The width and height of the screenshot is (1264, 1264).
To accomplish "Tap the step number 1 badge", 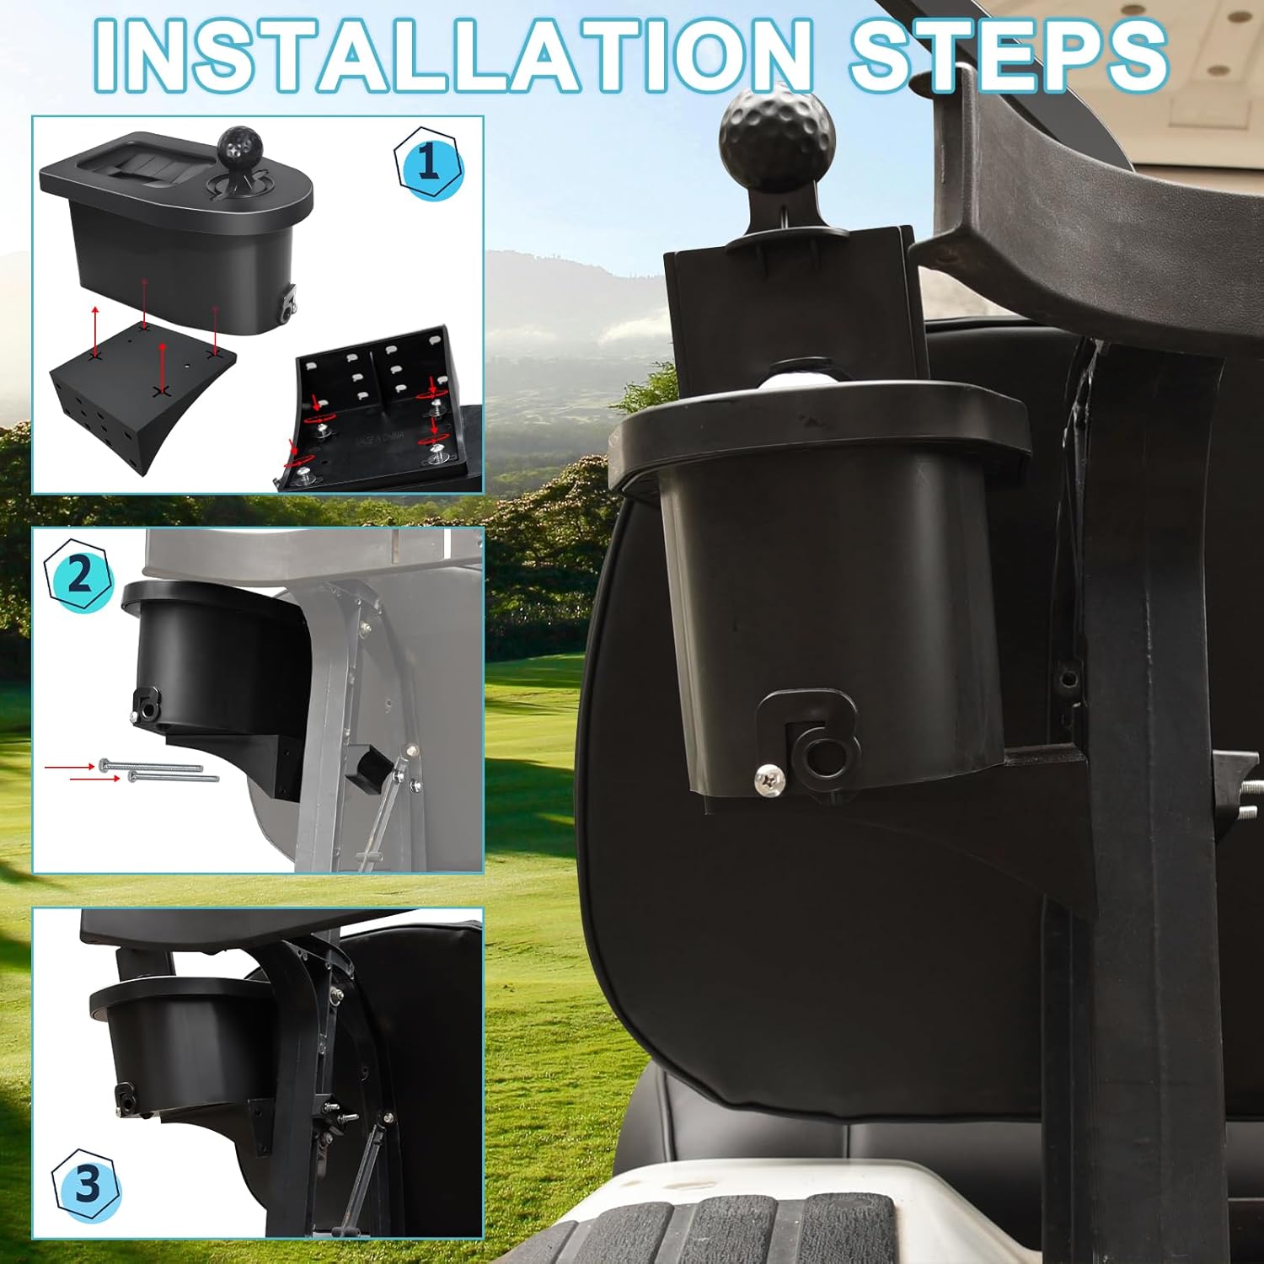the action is [429, 162].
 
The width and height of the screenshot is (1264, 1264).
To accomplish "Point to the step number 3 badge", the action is [88, 1185].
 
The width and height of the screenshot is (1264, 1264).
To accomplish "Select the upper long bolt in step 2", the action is [150, 765].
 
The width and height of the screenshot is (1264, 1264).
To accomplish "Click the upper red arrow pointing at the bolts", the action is [70, 768].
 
